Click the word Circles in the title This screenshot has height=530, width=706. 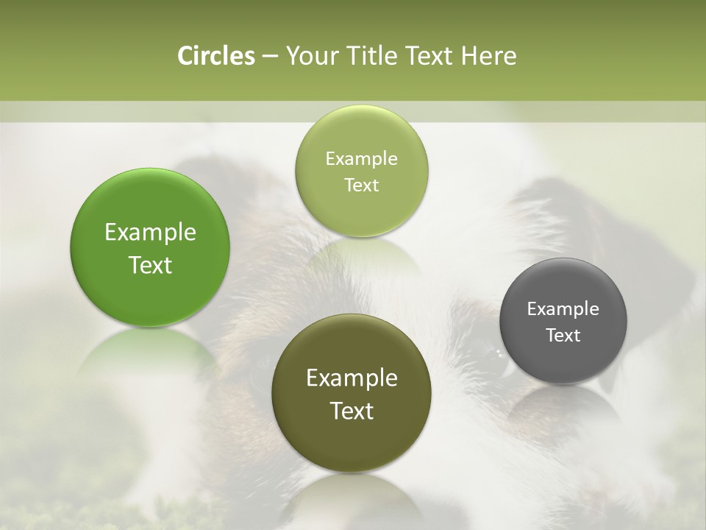[x=215, y=56]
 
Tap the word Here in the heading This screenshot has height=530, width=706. [x=489, y=56]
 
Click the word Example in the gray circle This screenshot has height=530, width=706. [x=563, y=309]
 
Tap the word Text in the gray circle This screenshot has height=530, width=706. [x=563, y=336]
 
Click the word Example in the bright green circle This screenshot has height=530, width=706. [x=150, y=233]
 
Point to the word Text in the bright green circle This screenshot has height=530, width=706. [x=150, y=266]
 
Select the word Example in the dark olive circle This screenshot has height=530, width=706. [x=352, y=378]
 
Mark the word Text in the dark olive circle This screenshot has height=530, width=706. [x=352, y=411]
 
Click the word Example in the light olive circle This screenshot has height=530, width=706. [x=361, y=159]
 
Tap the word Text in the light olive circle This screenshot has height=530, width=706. [x=361, y=185]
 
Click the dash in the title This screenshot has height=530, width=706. [x=270, y=57]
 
